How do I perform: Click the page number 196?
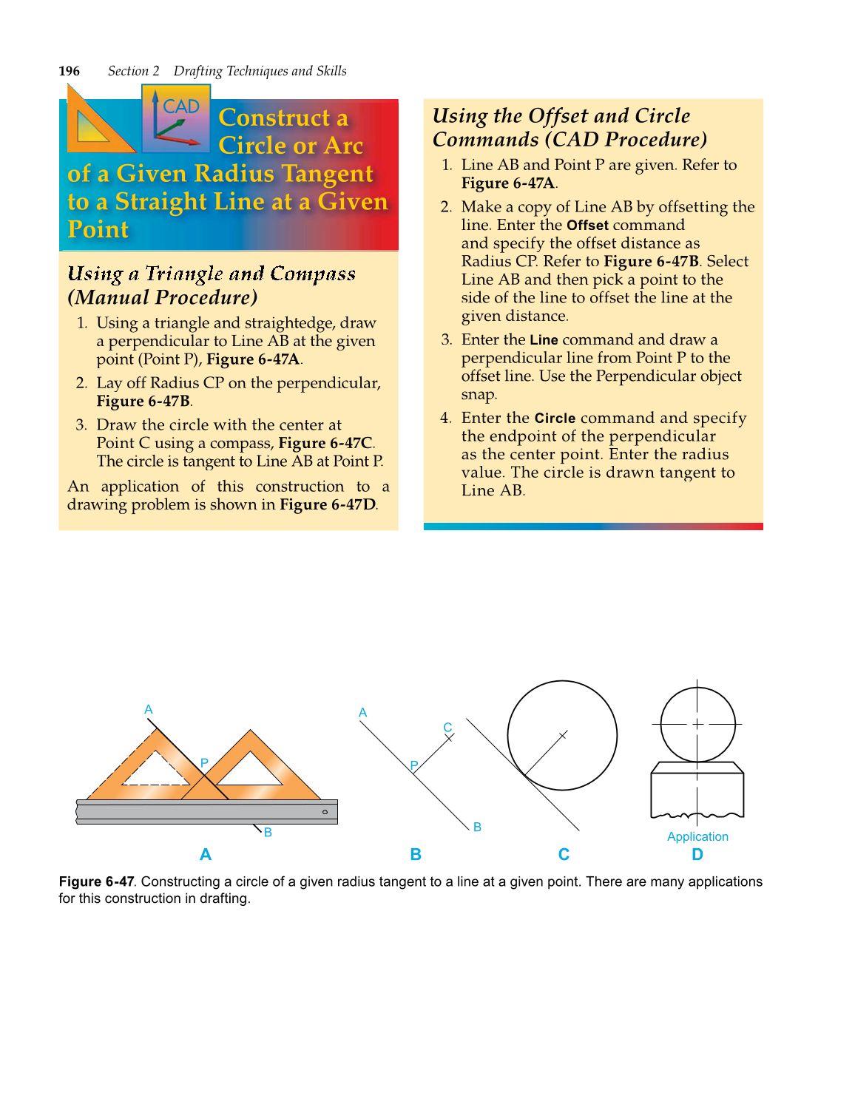tap(70, 71)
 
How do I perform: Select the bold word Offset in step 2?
tap(587, 225)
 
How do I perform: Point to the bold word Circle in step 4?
tap(555, 418)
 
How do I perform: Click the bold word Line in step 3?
tap(544, 339)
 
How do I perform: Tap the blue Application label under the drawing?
tap(697, 836)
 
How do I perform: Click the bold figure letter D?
tap(697, 855)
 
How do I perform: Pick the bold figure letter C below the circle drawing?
tap(564, 855)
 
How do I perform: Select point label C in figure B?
tap(447, 728)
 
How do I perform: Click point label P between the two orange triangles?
tap(204, 762)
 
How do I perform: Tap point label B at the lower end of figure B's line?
tap(477, 827)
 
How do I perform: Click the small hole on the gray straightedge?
tap(325, 812)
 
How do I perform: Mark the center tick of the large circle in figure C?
tap(563, 735)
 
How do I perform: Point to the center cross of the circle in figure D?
tap(697, 724)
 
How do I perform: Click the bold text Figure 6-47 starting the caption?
tap(97, 881)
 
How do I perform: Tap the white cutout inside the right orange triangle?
tap(250, 771)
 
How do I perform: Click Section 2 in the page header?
tap(133, 71)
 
